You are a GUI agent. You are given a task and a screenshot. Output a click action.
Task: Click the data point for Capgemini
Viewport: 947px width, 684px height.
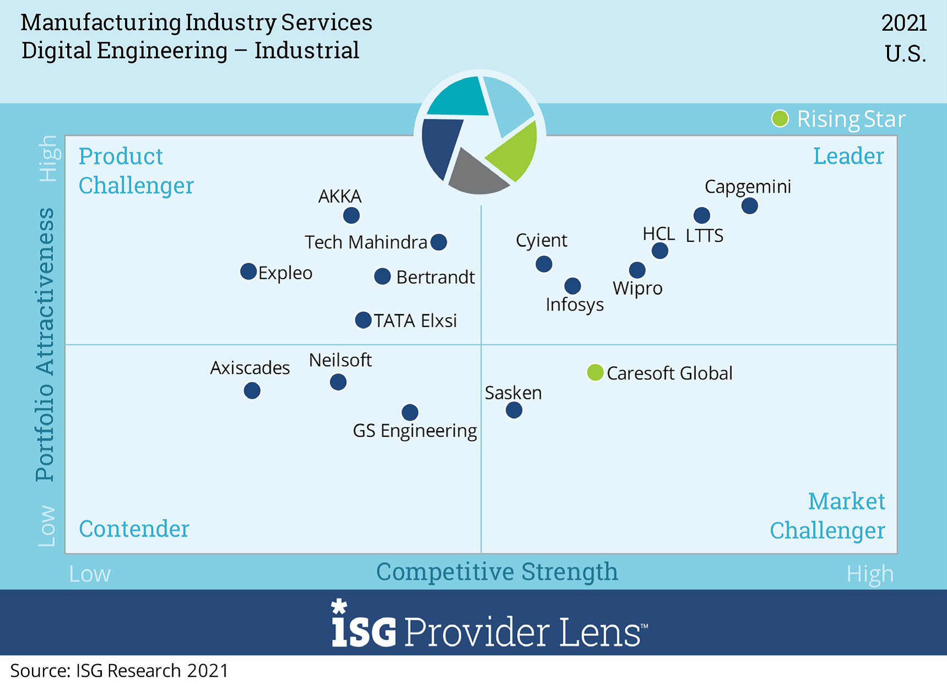tap(749, 206)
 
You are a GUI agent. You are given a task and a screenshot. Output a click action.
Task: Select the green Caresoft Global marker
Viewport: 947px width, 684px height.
tap(595, 373)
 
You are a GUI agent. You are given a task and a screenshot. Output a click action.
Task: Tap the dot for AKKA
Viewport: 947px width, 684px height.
tap(351, 215)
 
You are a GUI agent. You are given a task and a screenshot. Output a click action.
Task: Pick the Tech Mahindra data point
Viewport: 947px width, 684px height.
tap(439, 242)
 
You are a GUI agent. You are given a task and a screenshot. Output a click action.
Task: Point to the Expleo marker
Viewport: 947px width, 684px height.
tap(249, 272)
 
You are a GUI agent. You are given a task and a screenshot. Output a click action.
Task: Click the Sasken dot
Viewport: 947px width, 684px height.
tap(514, 410)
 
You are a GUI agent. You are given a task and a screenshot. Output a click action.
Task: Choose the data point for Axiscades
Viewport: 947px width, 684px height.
tap(252, 391)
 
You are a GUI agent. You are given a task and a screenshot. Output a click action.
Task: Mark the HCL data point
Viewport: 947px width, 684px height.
tap(660, 251)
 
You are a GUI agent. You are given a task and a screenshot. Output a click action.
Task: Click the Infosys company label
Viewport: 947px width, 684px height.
tap(574, 305)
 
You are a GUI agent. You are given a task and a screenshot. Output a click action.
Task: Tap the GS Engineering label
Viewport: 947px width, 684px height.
tap(415, 431)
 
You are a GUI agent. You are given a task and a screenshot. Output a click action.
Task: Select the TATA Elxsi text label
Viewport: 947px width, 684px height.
tap(415, 321)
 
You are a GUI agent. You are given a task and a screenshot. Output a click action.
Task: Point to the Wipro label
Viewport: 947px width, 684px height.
tap(638, 288)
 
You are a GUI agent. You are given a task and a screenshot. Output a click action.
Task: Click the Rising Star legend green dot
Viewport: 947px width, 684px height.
tap(780, 118)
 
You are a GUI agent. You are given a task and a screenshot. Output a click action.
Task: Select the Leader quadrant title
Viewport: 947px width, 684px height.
tap(848, 156)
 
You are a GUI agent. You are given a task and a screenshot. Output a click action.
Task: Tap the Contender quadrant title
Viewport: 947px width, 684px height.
tap(134, 529)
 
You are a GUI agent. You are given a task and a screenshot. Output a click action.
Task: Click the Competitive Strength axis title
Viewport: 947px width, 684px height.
tap(497, 572)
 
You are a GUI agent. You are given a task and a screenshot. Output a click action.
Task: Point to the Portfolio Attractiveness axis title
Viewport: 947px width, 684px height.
tap(45, 345)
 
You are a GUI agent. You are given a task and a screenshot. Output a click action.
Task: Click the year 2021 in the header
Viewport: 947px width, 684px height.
tap(904, 23)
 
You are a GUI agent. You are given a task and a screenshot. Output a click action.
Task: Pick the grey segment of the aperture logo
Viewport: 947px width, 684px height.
tap(477, 174)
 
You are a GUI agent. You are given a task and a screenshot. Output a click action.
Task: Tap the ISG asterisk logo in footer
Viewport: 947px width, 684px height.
tap(339, 607)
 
